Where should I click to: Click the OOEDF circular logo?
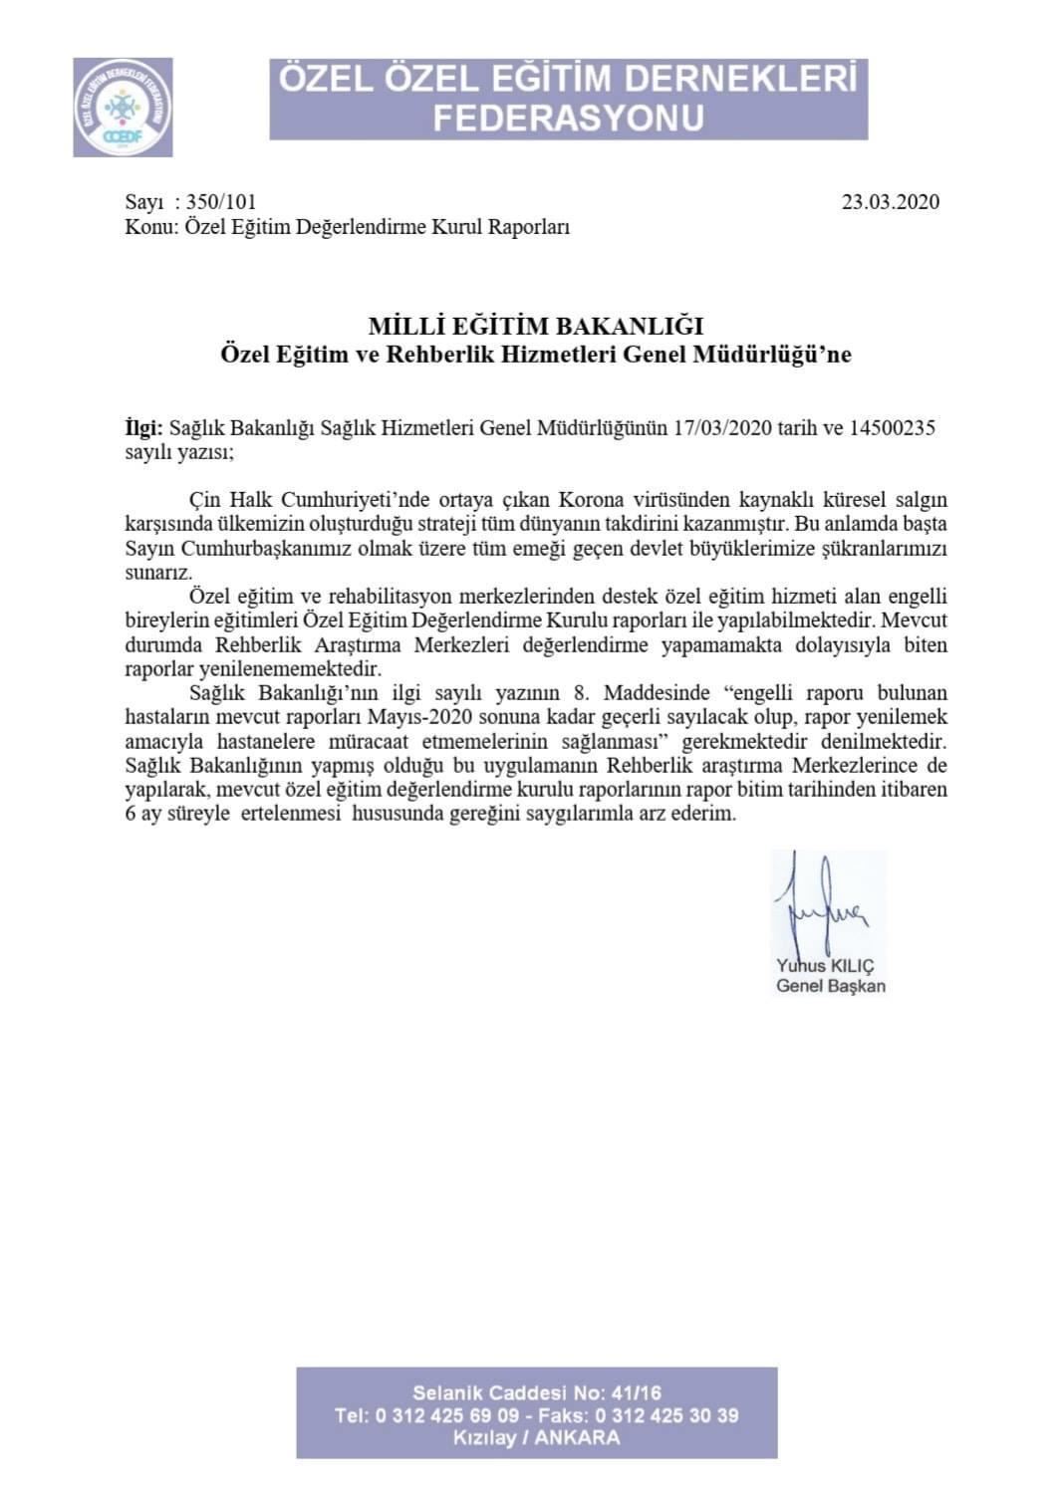tap(123, 107)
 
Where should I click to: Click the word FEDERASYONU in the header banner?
tap(568, 117)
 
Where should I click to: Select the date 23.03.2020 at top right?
tap(890, 202)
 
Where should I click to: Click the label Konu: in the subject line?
tap(150, 227)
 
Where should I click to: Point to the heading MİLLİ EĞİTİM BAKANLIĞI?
tap(536, 326)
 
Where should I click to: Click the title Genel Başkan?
tap(831, 986)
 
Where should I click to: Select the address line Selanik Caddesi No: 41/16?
tap(536, 1392)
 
